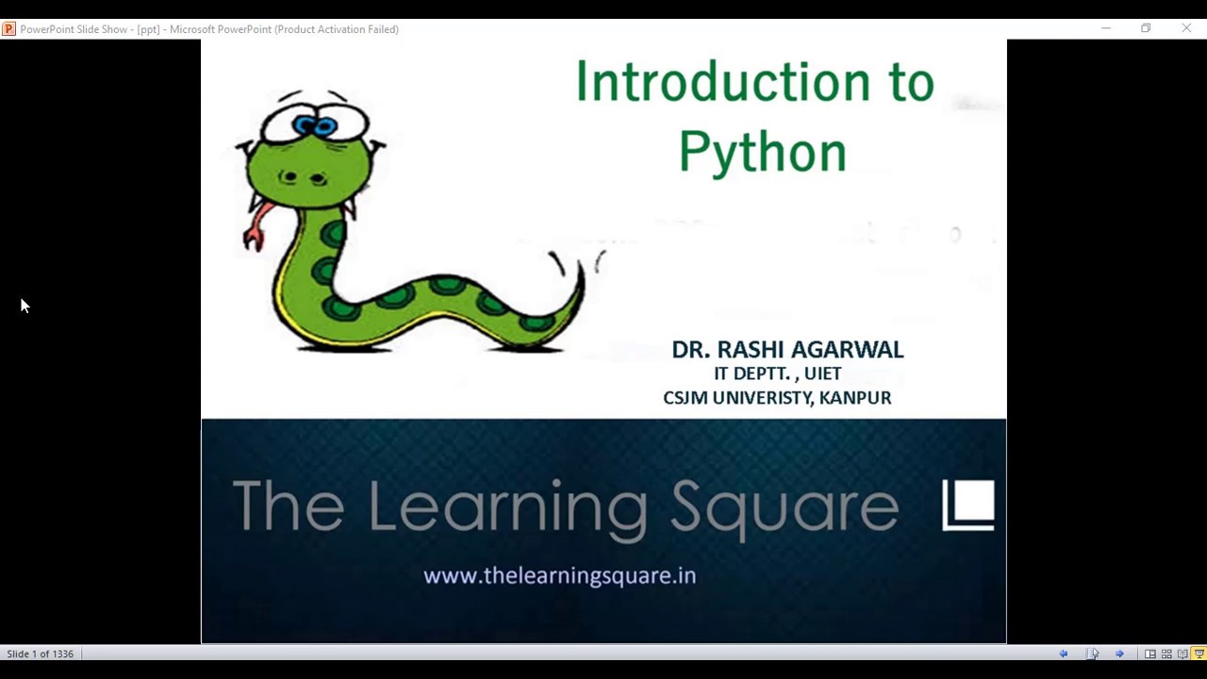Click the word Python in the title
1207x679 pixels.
pyautogui.click(x=762, y=153)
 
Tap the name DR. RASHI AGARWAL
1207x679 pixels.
pyautogui.click(x=787, y=350)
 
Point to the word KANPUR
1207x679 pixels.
pyautogui.click(x=854, y=398)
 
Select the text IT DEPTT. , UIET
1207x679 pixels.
pyautogui.click(x=777, y=373)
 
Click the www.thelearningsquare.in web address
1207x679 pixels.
pyautogui.click(x=559, y=575)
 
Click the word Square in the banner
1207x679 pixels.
pyautogui.click(x=785, y=507)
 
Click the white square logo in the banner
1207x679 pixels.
pyautogui.click(x=968, y=505)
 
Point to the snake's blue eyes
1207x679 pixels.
pyautogui.click(x=315, y=124)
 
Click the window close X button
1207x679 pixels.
pyautogui.click(x=1186, y=29)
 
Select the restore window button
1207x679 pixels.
pyautogui.click(x=1146, y=29)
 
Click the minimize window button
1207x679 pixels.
pyautogui.click(x=1106, y=29)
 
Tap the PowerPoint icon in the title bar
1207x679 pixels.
pyautogui.click(x=8, y=29)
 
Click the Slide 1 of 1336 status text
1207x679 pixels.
pyautogui.click(x=40, y=654)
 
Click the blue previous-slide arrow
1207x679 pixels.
pyautogui.click(x=1064, y=654)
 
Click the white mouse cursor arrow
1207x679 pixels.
pyautogui.click(x=25, y=305)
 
